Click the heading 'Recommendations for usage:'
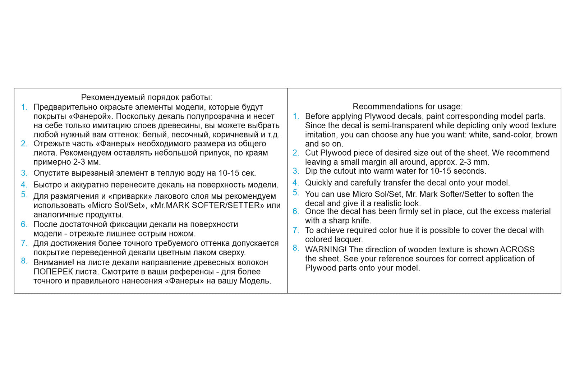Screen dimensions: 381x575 408,106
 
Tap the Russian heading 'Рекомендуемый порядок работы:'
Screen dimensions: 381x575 147,97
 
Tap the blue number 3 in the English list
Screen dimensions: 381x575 295,171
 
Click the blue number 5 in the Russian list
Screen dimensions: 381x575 24,194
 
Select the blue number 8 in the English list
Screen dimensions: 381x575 295,248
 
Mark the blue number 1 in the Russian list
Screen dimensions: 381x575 24,107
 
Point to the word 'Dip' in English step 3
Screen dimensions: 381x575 311,171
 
